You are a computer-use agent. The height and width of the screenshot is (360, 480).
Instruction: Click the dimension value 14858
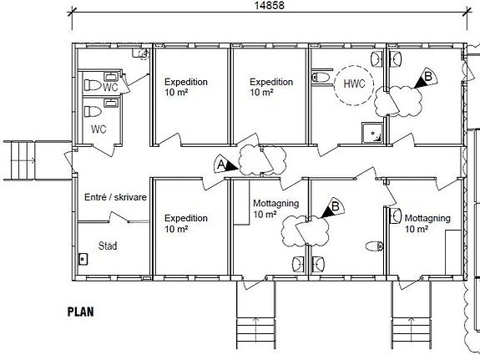[x=270, y=5]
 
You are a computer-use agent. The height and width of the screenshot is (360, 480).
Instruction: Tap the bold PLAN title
[x=80, y=312]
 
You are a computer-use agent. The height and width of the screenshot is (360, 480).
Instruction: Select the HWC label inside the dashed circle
[x=354, y=84]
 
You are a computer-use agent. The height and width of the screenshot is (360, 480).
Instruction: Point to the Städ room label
[x=108, y=246]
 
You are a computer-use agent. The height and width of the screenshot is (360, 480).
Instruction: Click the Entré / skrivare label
[x=115, y=197]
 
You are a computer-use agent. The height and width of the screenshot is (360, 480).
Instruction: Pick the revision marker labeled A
[x=225, y=165]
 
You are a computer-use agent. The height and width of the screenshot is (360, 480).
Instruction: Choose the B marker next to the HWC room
[x=426, y=78]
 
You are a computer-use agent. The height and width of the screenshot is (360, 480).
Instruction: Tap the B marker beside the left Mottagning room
[x=333, y=208]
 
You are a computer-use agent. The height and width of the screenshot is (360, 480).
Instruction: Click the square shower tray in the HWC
[x=372, y=133]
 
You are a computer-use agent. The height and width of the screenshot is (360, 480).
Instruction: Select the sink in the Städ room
[x=83, y=260]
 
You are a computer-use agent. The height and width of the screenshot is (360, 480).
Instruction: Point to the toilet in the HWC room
[x=321, y=77]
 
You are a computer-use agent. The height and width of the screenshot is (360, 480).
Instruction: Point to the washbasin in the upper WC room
[x=111, y=76]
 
